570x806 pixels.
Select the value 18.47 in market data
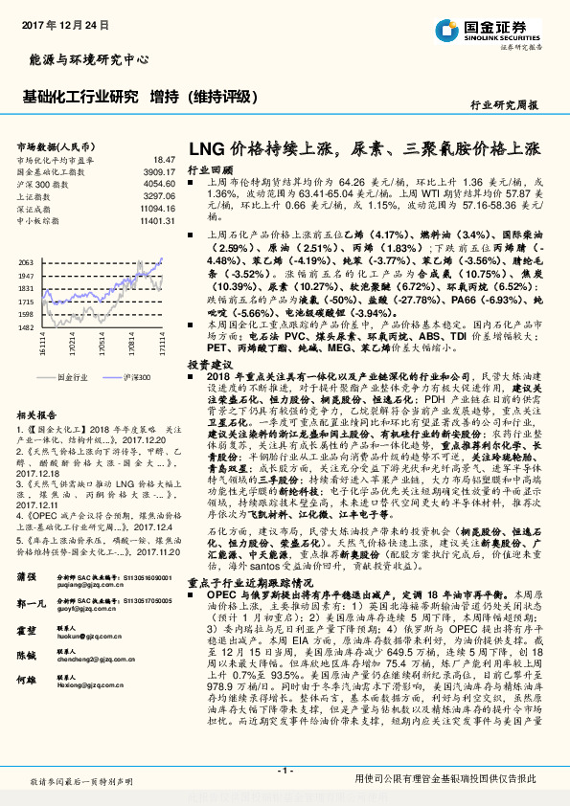click(164, 159)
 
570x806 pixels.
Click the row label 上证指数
click(37, 194)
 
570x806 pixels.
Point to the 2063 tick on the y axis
click(26, 262)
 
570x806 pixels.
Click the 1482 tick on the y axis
click(26, 327)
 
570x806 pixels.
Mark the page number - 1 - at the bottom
click(285, 771)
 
